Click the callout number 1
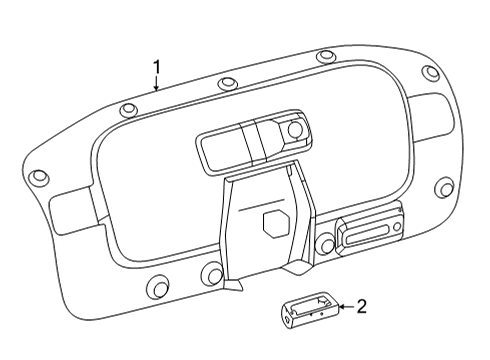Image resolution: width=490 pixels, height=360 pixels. pos(157,67)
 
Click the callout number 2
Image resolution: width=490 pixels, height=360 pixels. pos(362,307)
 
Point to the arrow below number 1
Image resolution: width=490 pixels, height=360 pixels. pos(156,85)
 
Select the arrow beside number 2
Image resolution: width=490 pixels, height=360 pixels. pos(345,308)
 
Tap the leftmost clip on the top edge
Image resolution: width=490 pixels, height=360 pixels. pos(128,110)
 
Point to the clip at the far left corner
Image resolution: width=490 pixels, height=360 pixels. pos(39,178)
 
